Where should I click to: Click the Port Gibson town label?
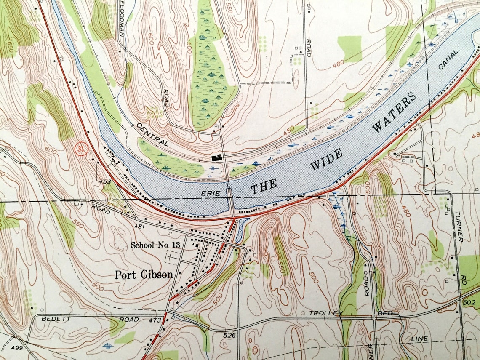pyautogui.click(x=144, y=275)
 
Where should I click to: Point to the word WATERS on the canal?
pyautogui.click(x=394, y=112)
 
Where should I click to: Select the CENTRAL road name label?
pyautogui.click(x=152, y=135)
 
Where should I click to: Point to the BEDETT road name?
pyautogui.click(x=55, y=319)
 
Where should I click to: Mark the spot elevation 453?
pyautogui.click(x=104, y=182)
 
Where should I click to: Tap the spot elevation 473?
pyautogui.click(x=155, y=321)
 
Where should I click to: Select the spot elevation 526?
pyautogui.click(x=229, y=336)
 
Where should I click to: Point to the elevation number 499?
pyautogui.click(x=17, y=347)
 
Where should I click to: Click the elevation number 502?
pyautogui.click(x=468, y=303)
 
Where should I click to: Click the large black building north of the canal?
pyautogui.click(x=217, y=158)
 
